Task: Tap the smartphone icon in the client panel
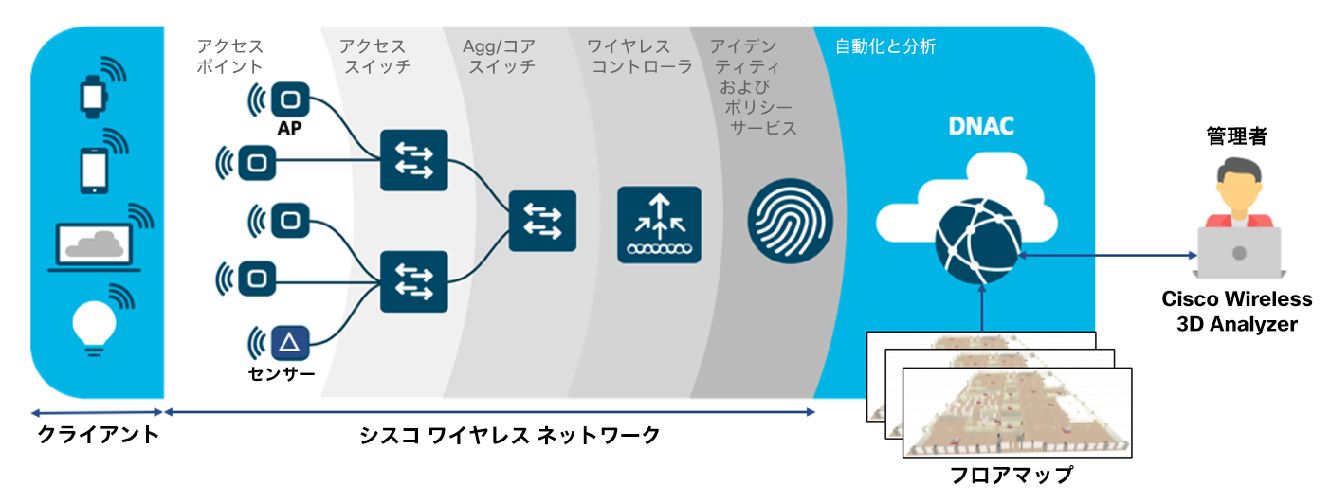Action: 93,171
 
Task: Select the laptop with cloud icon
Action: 93,245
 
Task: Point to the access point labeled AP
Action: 290,99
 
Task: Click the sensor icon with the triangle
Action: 288,342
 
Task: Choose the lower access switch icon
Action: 412,281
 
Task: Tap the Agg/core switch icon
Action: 542,220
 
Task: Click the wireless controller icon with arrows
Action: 659,225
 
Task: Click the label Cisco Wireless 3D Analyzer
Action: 1236,312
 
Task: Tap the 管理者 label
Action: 1236,137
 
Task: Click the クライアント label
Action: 98,436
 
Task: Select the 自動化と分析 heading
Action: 885,46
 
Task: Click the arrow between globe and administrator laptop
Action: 1104,254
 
